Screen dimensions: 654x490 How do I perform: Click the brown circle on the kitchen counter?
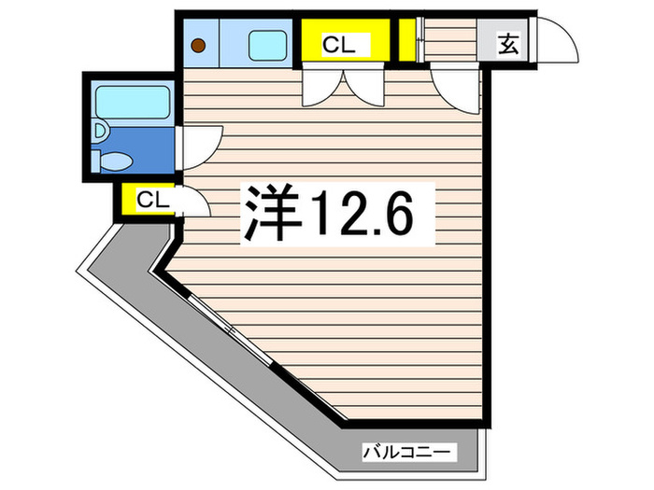[x=198, y=45]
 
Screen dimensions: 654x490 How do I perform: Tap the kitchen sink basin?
[x=268, y=45]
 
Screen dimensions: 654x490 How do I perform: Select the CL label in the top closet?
[x=338, y=45]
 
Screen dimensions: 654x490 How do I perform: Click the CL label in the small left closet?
[x=153, y=200]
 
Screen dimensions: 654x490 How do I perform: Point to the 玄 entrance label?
[x=507, y=44]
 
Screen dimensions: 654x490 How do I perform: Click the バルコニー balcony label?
[x=407, y=452]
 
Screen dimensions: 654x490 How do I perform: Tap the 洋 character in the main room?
[x=272, y=213]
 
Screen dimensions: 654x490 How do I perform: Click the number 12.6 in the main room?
[x=363, y=214]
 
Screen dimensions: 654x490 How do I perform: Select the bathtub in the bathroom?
[x=133, y=102]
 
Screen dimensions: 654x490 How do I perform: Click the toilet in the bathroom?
[x=113, y=161]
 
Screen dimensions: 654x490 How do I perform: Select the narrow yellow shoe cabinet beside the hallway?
[x=407, y=40]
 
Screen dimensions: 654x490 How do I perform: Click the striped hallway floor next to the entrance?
[x=449, y=40]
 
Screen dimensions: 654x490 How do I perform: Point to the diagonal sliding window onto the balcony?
[x=231, y=329]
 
